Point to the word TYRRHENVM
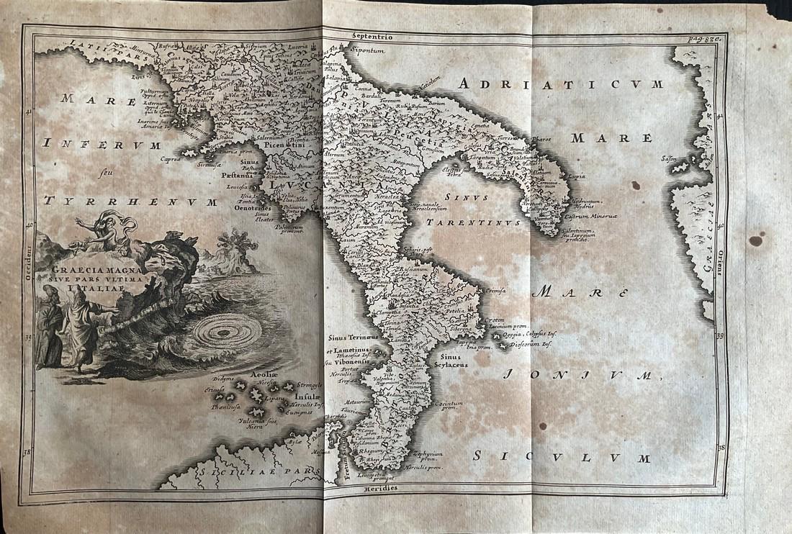point(130,202)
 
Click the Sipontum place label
point(369,51)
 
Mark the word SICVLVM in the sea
point(562,458)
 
